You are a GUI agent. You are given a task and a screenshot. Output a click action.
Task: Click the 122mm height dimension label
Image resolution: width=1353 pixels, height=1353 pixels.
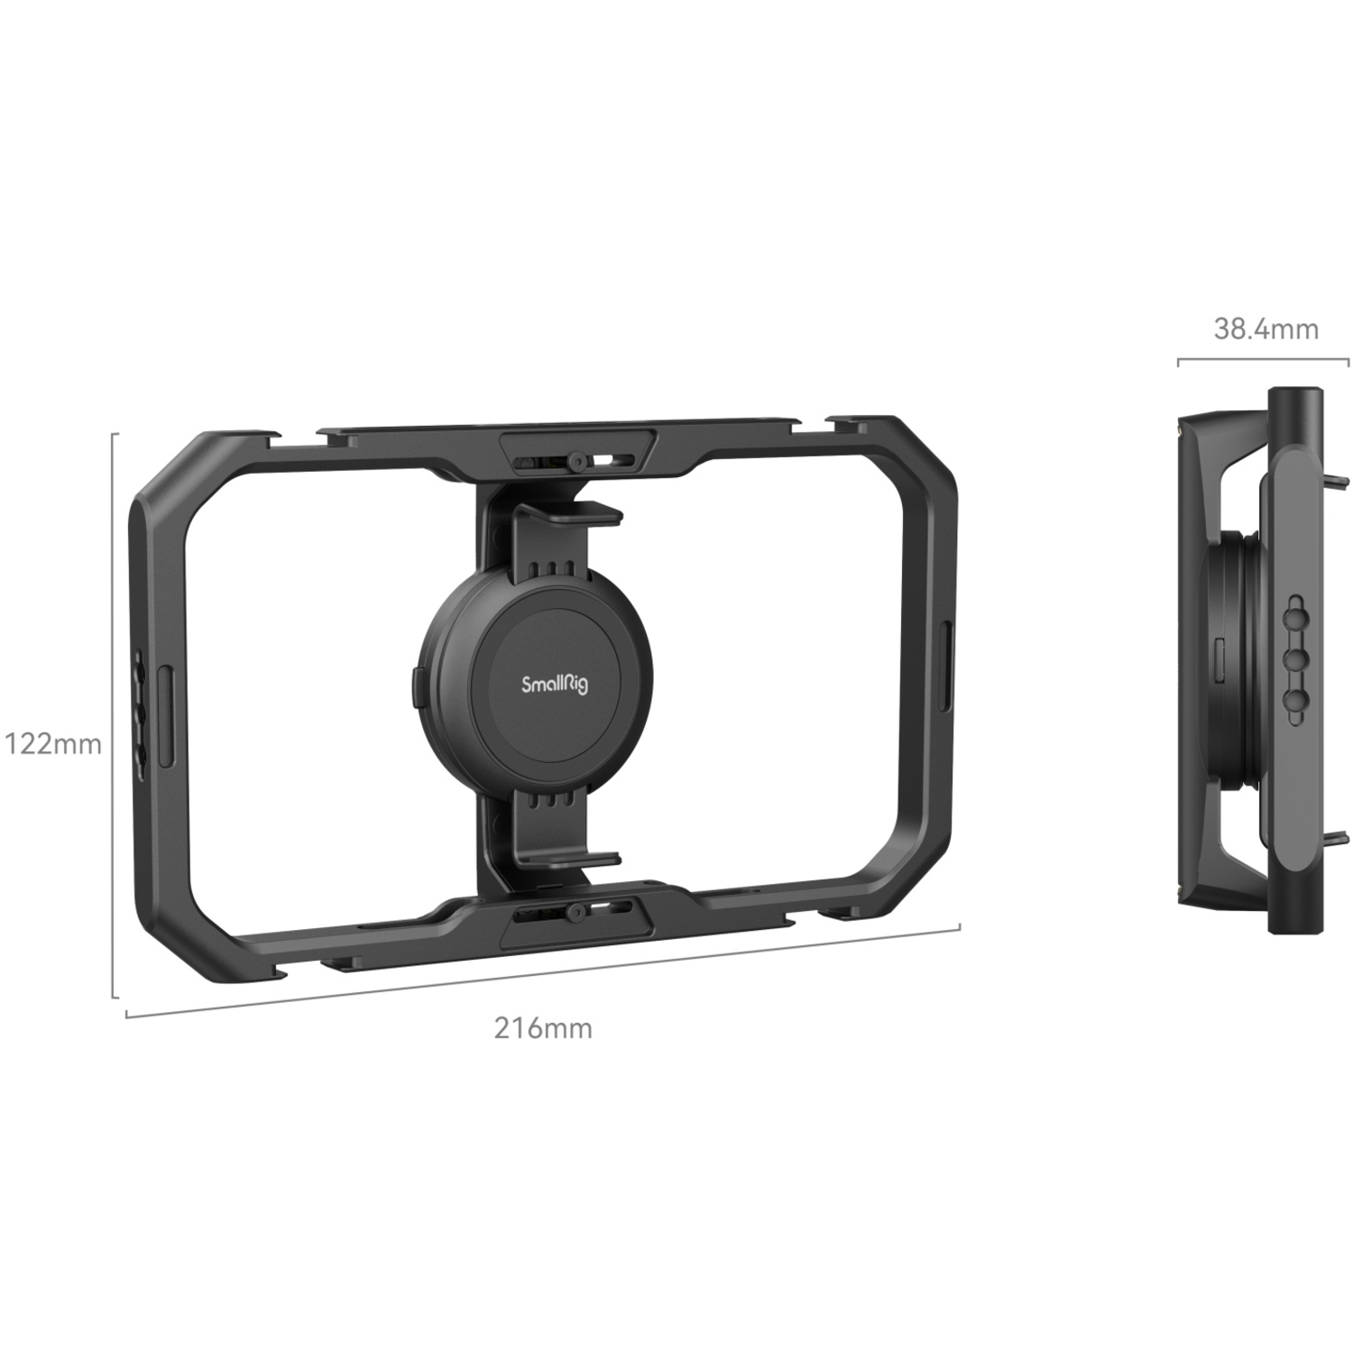(52, 745)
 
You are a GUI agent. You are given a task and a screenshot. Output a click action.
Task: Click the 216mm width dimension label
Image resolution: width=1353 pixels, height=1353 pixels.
(543, 1027)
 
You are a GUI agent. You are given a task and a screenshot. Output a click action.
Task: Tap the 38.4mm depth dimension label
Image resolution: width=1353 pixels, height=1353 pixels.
(1266, 329)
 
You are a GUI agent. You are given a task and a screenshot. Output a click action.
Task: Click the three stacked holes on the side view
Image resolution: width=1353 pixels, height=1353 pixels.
(1296, 659)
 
